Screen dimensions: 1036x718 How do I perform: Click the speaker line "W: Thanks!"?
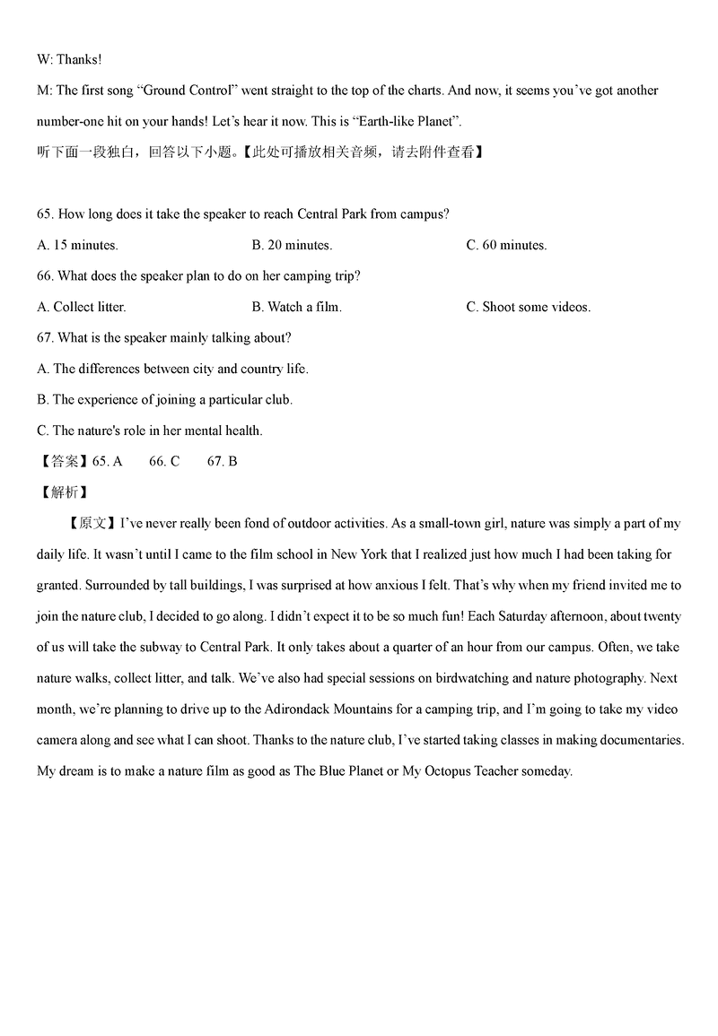point(69,59)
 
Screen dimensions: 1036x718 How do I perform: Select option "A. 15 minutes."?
point(77,245)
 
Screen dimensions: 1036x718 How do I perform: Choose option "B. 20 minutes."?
point(292,245)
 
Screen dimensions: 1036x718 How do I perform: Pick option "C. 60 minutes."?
point(506,245)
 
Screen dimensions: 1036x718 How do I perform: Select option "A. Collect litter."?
point(82,307)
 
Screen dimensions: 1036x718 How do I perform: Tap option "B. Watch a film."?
point(297,307)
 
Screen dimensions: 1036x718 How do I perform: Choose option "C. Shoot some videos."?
point(528,307)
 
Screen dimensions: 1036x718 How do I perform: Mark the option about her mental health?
point(150,431)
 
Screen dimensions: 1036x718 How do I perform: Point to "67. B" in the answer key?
point(222,461)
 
